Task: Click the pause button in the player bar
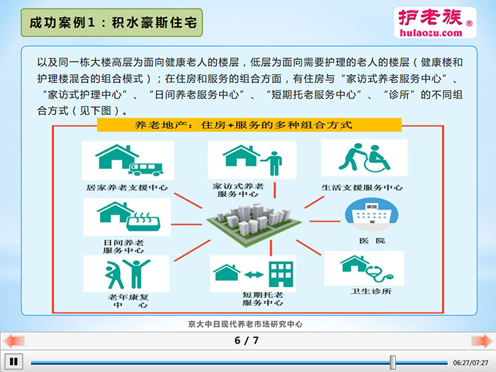(13, 361)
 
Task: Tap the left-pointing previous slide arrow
(14, 341)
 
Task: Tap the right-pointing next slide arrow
(482, 341)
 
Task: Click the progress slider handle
(393, 362)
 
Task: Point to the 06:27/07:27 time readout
(470, 363)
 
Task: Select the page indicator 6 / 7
(247, 340)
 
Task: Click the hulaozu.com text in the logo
(431, 33)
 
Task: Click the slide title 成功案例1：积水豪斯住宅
(113, 23)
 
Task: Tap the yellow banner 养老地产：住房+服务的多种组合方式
(249, 125)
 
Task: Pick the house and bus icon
(129, 160)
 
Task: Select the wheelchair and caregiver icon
(364, 157)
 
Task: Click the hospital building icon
(371, 215)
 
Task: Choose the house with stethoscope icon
(366, 269)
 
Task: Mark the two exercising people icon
(127, 274)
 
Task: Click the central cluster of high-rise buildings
(254, 224)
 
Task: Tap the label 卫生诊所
(371, 291)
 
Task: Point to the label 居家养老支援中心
(127, 187)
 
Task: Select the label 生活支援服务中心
(362, 187)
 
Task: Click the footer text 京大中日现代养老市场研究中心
(245, 324)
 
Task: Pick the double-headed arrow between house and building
(254, 274)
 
